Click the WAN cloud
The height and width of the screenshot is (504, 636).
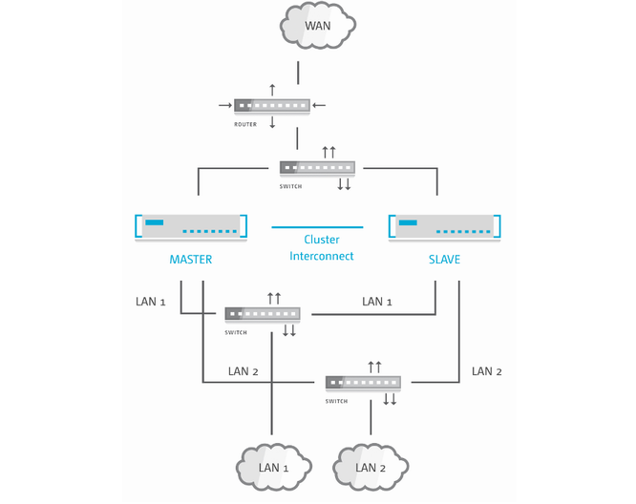pyautogui.click(x=316, y=26)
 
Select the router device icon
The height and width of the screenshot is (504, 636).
pyautogui.click(x=272, y=105)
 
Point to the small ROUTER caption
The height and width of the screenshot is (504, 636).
pyautogui.click(x=245, y=124)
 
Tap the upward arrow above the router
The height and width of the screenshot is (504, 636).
pyautogui.click(x=272, y=89)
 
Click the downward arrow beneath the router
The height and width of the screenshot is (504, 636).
pyautogui.click(x=272, y=122)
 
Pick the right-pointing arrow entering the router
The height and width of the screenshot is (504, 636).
pyautogui.click(x=225, y=105)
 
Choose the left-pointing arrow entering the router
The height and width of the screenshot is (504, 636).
pyautogui.click(x=319, y=105)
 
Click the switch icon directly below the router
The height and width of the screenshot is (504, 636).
pyautogui.click(x=317, y=168)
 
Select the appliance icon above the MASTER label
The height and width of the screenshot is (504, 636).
pyautogui.click(x=191, y=227)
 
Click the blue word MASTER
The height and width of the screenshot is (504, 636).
pyautogui.click(x=191, y=260)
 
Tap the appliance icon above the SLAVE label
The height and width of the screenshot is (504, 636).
pyautogui.click(x=445, y=227)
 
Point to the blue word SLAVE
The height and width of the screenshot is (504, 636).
pyautogui.click(x=445, y=260)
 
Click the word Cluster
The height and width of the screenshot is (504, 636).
pyautogui.click(x=322, y=241)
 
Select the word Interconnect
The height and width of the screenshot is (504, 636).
pyautogui.click(x=322, y=256)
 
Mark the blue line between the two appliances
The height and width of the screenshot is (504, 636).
pyautogui.click(x=317, y=227)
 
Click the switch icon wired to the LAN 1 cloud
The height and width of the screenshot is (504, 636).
pyautogui.click(x=263, y=313)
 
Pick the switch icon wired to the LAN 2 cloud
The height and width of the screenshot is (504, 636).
pyautogui.click(x=363, y=383)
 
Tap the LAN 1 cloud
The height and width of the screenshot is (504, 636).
pyautogui.click(x=274, y=468)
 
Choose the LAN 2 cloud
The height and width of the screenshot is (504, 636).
pyautogui.click(x=370, y=468)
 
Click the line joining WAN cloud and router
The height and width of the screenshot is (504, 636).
pyautogui.click(x=299, y=73)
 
